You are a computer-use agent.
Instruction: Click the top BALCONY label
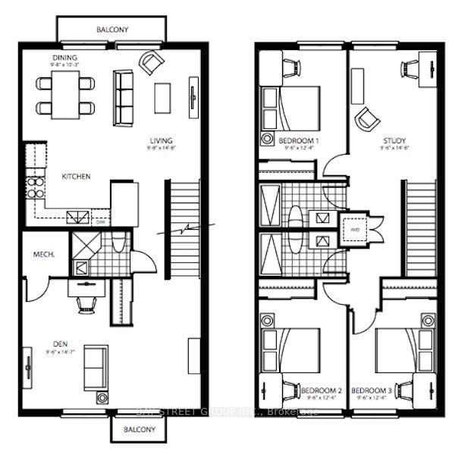coord(112,30)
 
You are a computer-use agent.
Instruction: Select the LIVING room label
coord(161,140)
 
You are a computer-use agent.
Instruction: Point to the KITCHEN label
coord(76,177)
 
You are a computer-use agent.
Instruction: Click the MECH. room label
coord(42,256)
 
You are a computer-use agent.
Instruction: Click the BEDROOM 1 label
coord(298,142)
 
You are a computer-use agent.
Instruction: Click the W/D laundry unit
coord(354,227)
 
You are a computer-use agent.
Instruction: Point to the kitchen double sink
coord(75,218)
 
